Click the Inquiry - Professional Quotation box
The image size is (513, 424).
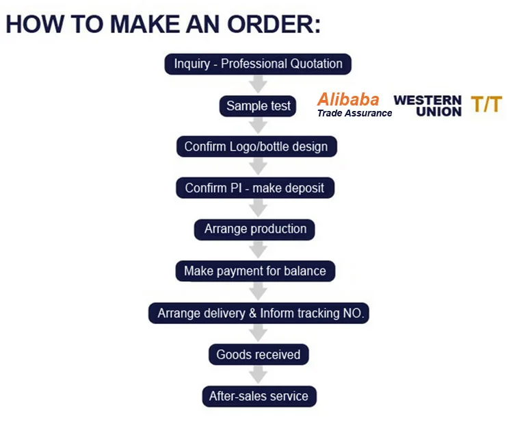(258, 64)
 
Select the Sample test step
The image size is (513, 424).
(258, 106)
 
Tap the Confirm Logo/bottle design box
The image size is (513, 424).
(256, 147)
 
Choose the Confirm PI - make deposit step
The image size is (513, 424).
(254, 188)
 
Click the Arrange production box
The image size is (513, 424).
(255, 229)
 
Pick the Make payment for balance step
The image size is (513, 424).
(255, 271)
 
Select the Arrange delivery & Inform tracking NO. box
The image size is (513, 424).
(259, 313)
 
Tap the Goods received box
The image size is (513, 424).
(258, 354)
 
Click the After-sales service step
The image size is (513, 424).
(259, 396)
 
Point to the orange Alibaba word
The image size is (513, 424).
(347, 99)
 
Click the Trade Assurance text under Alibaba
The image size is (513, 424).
(354, 114)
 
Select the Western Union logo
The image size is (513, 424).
(428, 105)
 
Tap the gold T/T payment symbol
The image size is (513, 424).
(486, 105)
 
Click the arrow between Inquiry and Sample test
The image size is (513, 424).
(258, 85)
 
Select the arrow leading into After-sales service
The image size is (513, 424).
(258, 375)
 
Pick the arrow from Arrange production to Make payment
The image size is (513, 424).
(258, 250)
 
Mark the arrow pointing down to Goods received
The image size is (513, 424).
(258, 334)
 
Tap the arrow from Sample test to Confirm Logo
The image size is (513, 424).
(258, 126)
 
